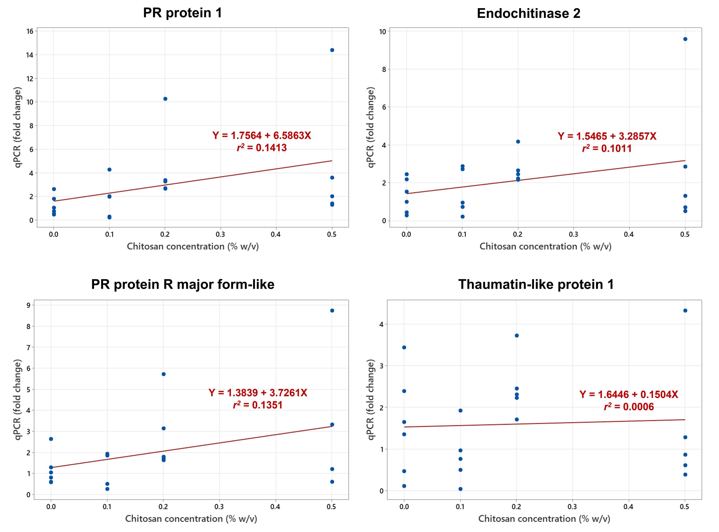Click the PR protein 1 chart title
point(182,13)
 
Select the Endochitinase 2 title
point(529,13)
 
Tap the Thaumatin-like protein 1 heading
point(536,284)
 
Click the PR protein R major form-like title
point(183,284)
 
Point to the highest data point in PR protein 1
point(332,50)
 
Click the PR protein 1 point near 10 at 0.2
point(165,99)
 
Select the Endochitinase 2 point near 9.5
point(685,39)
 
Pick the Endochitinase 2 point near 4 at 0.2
point(518,142)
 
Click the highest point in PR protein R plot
point(332,310)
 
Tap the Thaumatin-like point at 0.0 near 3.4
point(404,348)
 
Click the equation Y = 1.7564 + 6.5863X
point(261,136)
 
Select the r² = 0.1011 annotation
point(607,148)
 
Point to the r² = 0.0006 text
point(629,407)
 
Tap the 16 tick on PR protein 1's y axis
point(30,31)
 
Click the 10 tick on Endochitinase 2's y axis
point(383,31)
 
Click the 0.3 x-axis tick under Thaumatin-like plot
point(572,507)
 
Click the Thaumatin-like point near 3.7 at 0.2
point(517,335)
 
